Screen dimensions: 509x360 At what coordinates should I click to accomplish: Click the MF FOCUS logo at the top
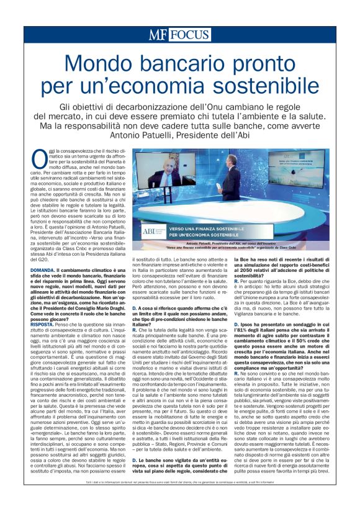click(x=179, y=35)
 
